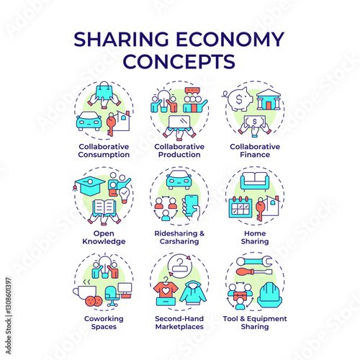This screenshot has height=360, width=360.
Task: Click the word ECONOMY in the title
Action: (x=230, y=39)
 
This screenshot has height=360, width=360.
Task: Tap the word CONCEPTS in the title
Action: (x=179, y=61)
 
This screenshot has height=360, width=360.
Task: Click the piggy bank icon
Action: (x=238, y=99)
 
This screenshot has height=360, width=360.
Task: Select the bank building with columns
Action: (x=269, y=100)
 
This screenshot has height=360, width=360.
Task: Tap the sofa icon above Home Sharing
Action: (x=255, y=181)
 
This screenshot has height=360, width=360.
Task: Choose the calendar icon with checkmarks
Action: (x=240, y=207)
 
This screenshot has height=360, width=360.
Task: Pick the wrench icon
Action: (x=254, y=261)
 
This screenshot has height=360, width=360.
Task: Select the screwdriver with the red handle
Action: (x=254, y=271)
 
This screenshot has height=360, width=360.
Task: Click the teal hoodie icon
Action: (x=193, y=293)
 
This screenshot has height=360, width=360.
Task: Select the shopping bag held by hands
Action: (x=104, y=93)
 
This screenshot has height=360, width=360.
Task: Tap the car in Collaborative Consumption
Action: (x=89, y=121)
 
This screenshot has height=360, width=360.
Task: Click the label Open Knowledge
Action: (x=104, y=238)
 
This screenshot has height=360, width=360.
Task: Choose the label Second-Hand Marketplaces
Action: (x=179, y=323)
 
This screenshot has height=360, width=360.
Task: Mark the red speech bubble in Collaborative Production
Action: (x=192, y=91)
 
